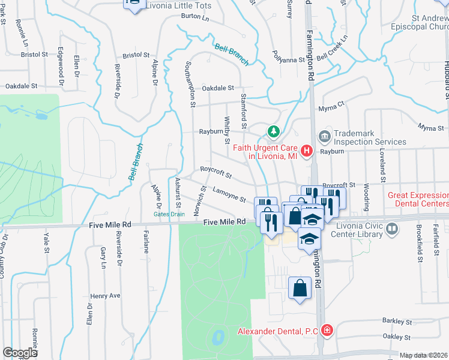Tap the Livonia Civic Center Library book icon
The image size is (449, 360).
(392, 229)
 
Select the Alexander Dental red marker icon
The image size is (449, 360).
(326, 330)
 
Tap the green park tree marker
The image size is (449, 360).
(274, 130)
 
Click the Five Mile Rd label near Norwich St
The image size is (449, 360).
(224, 222)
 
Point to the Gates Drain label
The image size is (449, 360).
(169, 214)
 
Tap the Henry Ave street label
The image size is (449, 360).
(106, 296)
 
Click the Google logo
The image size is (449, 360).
(20, 353)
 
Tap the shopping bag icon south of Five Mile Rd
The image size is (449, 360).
(300, 288)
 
